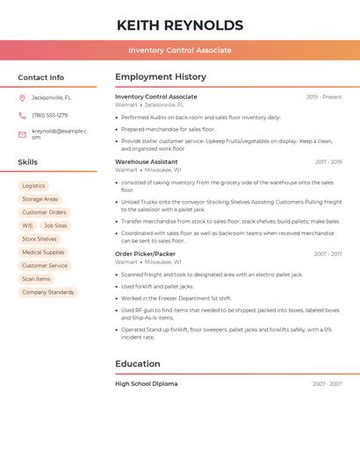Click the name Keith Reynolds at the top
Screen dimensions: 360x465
[180, 25]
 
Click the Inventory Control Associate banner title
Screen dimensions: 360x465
[180, 50]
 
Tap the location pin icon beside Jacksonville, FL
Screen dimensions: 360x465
[22, 98]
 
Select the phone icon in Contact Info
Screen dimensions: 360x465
[22, 115]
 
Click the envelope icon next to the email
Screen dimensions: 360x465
[22, 133]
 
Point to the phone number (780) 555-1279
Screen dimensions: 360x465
[49, 115]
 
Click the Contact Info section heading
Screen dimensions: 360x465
[41, 77]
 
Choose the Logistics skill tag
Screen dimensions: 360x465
[33, 186]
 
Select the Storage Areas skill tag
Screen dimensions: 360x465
[40, 199]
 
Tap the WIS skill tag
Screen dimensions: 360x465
[27, 225]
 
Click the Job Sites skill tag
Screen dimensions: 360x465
[54, 225]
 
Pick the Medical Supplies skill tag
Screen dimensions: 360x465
[43, 253]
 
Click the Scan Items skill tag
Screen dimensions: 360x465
[36, 279]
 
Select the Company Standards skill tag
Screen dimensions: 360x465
[47, 292]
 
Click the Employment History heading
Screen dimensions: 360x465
[161, 77]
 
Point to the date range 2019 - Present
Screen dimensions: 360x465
[324, 97]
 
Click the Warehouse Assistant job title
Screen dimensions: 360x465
[147, 162]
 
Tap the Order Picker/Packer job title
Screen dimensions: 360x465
[145, 254]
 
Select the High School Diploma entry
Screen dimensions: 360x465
[147, 383]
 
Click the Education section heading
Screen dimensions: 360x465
[138, 364]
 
